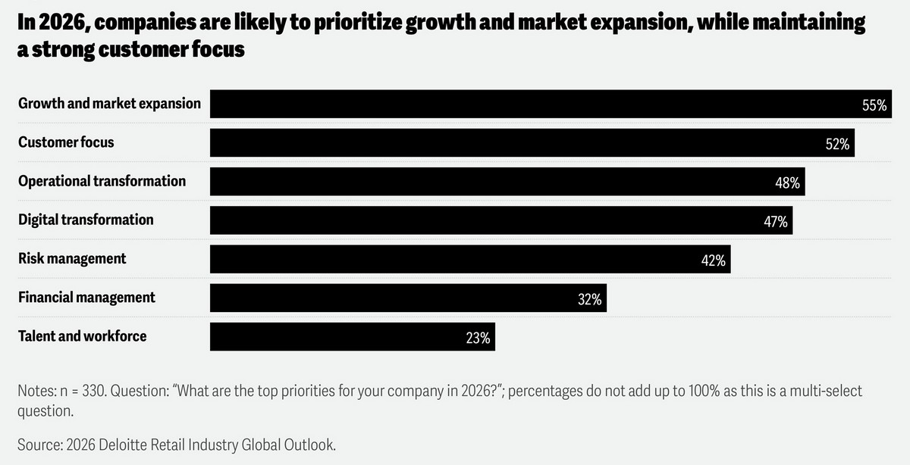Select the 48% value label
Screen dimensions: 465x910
[787, 183]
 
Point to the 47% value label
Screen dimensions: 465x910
[776, 222]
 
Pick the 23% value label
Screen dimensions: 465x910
[478, 338]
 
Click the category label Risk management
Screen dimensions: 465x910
[72, 258]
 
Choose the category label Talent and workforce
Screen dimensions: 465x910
[82, 335]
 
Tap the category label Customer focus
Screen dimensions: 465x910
[66, 142]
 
